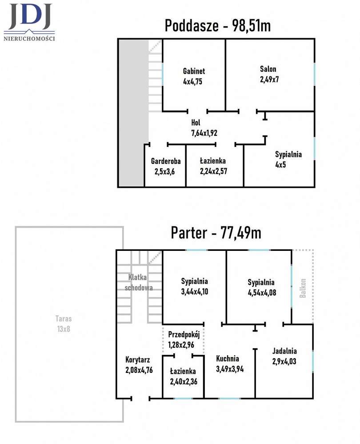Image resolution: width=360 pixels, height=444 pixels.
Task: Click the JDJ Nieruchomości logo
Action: [29, 22]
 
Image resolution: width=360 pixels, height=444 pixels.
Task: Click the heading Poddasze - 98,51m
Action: [218, 26]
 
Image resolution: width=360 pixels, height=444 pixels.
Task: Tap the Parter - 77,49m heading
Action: [216, 233]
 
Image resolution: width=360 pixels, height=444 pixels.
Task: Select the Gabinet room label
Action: [194, 71]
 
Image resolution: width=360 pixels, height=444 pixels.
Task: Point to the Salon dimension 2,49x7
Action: [269, 79]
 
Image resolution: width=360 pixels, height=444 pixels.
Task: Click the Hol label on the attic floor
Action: [196, 123]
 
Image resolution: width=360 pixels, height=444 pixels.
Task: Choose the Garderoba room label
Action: [166, 161]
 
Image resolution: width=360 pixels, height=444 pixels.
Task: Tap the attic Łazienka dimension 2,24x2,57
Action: [213, 171]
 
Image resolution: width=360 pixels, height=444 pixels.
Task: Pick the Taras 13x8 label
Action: [64, 324]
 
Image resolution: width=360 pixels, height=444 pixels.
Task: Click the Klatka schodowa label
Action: [139, 282]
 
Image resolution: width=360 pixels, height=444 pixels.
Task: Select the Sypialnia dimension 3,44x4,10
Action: [195, 292]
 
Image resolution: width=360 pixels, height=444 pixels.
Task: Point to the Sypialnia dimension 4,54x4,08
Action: [262, 293]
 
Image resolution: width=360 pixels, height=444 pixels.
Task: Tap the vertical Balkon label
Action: [303, 288]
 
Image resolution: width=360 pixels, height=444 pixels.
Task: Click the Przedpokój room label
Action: [184, 334]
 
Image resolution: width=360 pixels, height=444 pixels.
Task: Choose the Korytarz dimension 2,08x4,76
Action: [139, 370]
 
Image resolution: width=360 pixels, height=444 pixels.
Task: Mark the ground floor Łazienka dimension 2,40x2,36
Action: [184, 382]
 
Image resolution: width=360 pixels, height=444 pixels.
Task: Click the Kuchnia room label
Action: [228, 359]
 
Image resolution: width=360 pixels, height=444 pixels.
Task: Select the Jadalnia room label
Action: [284, 351]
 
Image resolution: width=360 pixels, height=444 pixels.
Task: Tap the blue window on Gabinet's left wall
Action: [162, 74]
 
